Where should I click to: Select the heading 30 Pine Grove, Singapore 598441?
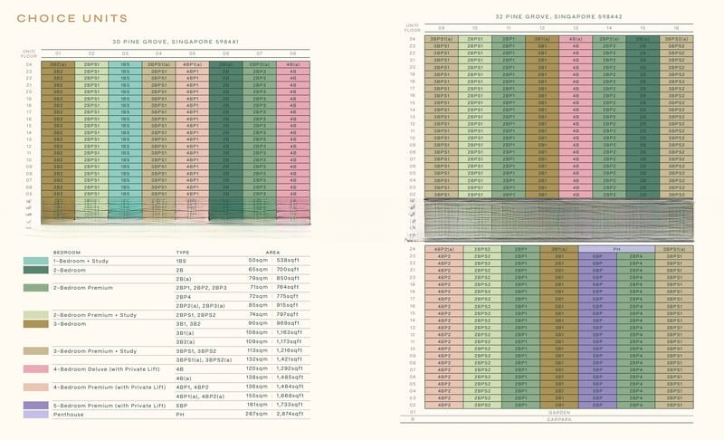pos(163,42)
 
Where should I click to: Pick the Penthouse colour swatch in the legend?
pos(36,414)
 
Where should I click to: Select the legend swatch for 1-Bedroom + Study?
pos(36,261)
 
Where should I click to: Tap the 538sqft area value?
pos(289,261)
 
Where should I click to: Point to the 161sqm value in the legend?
pos(257,404)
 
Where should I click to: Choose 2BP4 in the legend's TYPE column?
pos(184,296)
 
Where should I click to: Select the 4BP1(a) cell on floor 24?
pos(192,65)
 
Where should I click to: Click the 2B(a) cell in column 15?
pos(642,39)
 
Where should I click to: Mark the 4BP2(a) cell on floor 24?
pos(443,248)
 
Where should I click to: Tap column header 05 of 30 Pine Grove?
pos(192,53)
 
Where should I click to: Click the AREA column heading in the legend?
pos(272,251)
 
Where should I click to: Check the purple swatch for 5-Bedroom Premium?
pos(36,404)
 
